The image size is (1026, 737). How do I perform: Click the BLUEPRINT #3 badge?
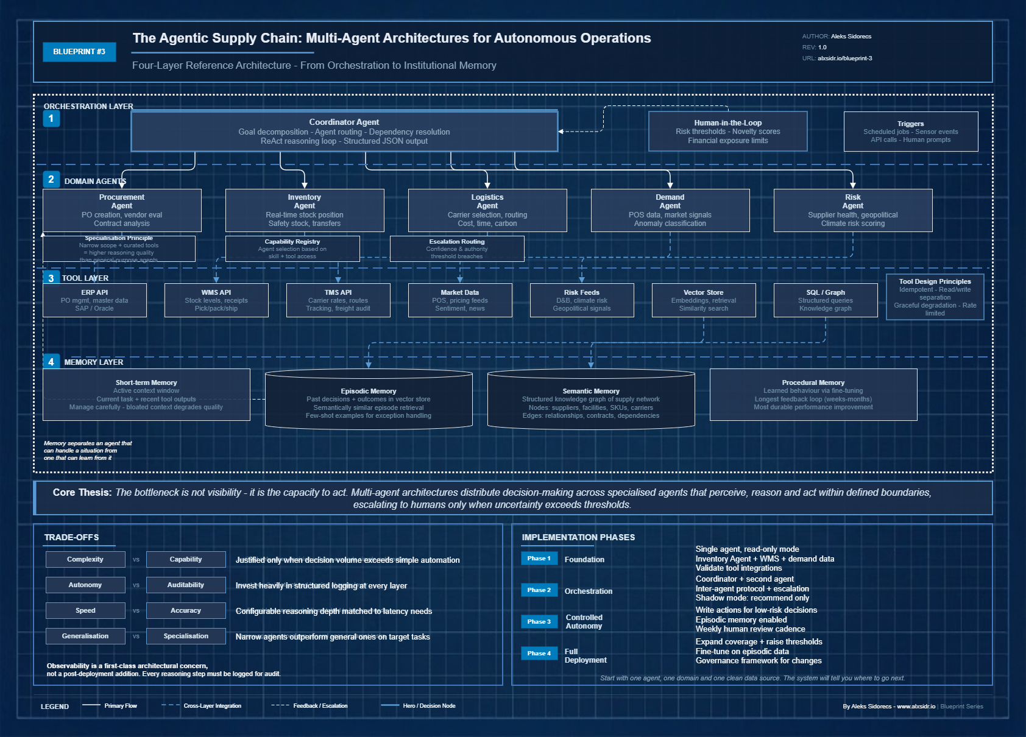click(x=79, y=52)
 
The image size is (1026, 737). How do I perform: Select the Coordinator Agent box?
click(x=344, y=131)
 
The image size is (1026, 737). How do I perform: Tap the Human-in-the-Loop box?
click(x=727, y=131)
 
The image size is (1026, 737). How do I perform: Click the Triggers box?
click(x=910, y=131)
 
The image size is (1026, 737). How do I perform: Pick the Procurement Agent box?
click(x=122, y=210)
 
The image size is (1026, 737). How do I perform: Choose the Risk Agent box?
click(x=852, y=210)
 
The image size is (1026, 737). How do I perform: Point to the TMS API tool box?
click(x=338, y=300)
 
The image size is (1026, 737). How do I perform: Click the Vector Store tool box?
click(x=704, y=300)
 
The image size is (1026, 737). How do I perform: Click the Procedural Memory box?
click(x=813, y=395)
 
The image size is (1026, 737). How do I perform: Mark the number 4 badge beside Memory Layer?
click(x=51, y=362)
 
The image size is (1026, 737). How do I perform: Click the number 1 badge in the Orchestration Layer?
click(x=51, y=119)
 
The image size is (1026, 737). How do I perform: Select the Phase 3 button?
click(x=539, y=621)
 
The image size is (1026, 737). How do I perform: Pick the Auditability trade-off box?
click(x=186, y=585)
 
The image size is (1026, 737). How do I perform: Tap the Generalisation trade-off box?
click(x=85, y=636)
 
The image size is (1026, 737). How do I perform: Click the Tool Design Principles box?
click(x=935, y=297)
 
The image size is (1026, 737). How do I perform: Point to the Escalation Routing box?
click(x=457, y=249)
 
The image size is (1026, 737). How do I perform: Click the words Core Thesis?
click(x=82, y=492)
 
